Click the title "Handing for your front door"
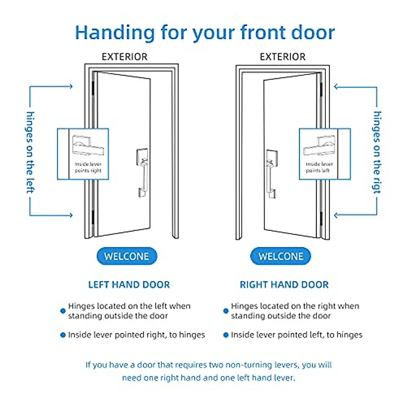[x=205, y=33]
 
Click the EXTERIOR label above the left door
[x=125, y=57]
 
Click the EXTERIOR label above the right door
[x=283, y=57]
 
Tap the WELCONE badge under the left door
[x=127, y=256]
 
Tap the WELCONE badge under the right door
[x=280, y=256]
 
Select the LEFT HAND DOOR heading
[x=129, y=285]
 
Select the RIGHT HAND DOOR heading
[x=284, y=285]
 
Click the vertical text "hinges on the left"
[x=30, y=152]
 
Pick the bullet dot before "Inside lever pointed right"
[x=63, y=335]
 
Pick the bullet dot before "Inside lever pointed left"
[x=226, y=335]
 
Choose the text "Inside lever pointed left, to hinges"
[x=296, y=335]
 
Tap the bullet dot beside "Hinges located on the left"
[x=63, y=311]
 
